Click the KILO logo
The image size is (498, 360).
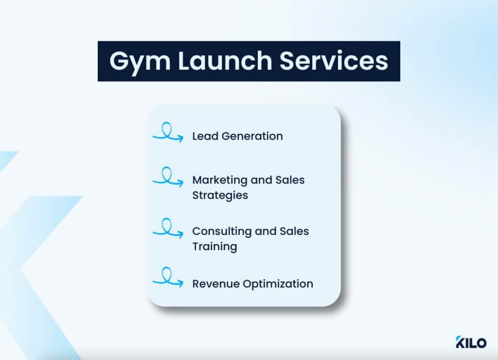point(471,342)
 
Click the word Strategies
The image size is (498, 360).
point(220,195)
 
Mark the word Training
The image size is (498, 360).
point(214,246)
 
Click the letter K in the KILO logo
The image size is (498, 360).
point(461,342)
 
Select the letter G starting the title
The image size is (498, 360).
point(120,61)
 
